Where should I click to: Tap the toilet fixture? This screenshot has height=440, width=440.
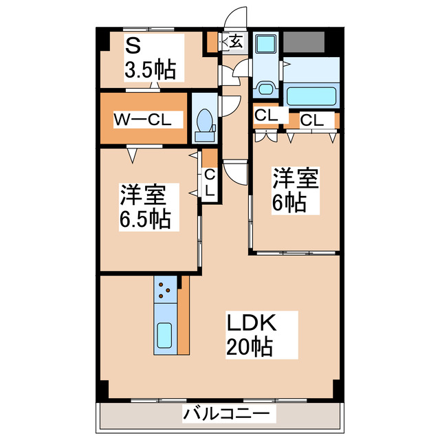tap(204, 122)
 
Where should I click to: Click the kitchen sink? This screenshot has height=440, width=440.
tap(164, 336)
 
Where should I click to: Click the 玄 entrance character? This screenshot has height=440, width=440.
tap(236, 41)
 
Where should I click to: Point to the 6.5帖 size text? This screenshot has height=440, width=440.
tap(145, 220)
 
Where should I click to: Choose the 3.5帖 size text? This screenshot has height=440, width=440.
tap(149, 69)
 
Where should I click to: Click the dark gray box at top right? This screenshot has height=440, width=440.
tap(304, 43)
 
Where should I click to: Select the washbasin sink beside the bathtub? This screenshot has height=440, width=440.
tap(265, 89)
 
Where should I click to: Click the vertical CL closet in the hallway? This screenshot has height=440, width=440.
tap(210, 183)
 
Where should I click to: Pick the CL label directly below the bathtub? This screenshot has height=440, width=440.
tap(311, 120)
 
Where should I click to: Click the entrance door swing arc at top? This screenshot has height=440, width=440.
tap(236, 17)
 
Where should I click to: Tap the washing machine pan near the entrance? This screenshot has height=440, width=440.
tap(265, 45)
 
